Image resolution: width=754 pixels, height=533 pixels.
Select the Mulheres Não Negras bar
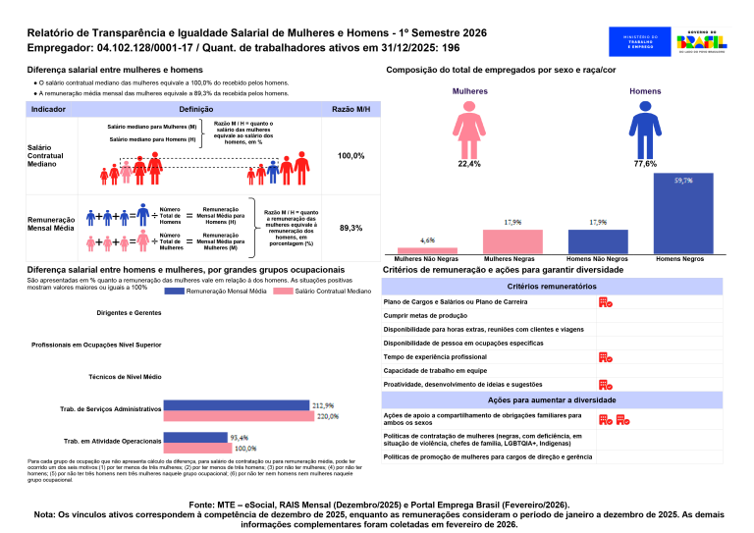pyautogui.click(x=427, y=250)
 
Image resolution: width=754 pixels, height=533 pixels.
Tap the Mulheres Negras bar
pyautogui.click(x=512, y=241)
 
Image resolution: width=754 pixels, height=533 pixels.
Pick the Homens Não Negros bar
pyautogui.click(x=598, y=241)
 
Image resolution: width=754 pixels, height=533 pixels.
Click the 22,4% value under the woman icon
pyautogui.click(x=469, y=164)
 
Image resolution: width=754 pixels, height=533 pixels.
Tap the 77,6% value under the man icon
pyautogui.click(x=645, y=164)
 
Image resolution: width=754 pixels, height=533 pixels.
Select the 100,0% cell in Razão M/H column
pyautogui.click(x=350, y=156)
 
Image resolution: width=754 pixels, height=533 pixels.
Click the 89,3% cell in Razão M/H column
pyautogui.click(x=350, y=228)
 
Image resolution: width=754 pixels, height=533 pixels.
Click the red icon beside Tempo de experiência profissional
pyautogui.click(x=606, y=358)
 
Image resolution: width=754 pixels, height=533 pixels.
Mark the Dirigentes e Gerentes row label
pyautogui.click(x=130, y=313)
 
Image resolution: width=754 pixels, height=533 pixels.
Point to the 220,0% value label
pyautogui.click(x=327, y=416)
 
